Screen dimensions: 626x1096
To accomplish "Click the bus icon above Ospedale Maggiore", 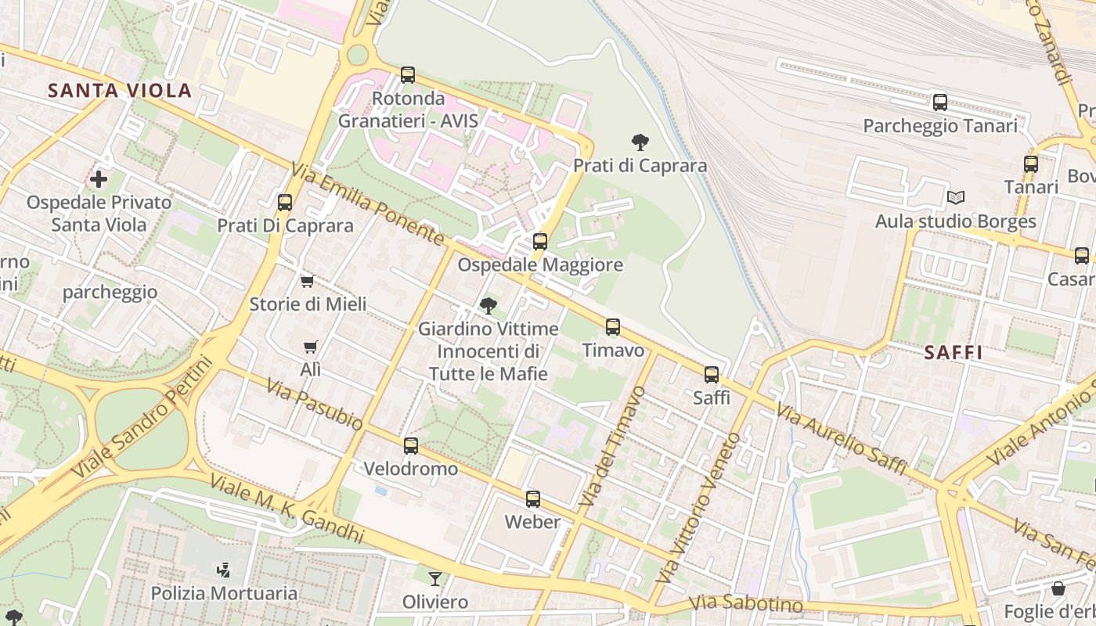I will pyautogui.click(x=539, y=241).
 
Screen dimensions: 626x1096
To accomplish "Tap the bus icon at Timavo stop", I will pyautogui.click(x=613, y=326).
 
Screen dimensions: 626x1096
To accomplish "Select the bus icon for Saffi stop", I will pyautogui.click(x=711, y=374).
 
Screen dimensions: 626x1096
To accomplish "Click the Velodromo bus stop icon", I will pyautogui.click(x=410, y=446).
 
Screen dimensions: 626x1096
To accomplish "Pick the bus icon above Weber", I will pyautogui.click(x=533, y=498).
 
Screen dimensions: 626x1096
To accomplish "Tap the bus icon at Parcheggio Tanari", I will pyautogui.click(x=939, y=102).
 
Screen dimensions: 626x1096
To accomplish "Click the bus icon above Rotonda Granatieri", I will pyautogui.click(x=407, y=75).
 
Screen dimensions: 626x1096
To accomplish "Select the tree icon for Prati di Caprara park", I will pyautogui.click(x=640, y=142).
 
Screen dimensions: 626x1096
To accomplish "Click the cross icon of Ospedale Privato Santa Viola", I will pyautogui.click(x=99, y=179).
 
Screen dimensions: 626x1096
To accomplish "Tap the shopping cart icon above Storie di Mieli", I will pyautogui.click(x=307, y=281).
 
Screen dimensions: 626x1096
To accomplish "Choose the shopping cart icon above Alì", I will pyautogui.click(x=311, y=346).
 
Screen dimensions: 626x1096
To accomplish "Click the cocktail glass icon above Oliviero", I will pyautogui.click(x=434, y=578).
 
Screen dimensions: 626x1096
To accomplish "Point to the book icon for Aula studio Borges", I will pyautogui.click(x=955, y=197).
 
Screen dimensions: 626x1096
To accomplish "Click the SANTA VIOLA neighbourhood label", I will pyautogui.click(x=120, y=90).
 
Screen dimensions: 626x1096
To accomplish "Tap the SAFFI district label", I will pyautogui.click(x=953, y=352).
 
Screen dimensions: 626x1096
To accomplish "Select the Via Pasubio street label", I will pyautogui.click(x=314, y=404).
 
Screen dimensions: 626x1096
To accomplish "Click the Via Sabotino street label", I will pyautogui.click(x=746, y=604).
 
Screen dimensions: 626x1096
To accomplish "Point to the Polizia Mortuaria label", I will pyautogui.click(x=224, y=592).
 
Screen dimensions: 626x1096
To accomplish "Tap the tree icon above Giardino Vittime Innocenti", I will pyautogui.click(x=489, y=305).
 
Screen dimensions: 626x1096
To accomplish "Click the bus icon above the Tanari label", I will pyautogui.click(x=1030, y=164).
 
